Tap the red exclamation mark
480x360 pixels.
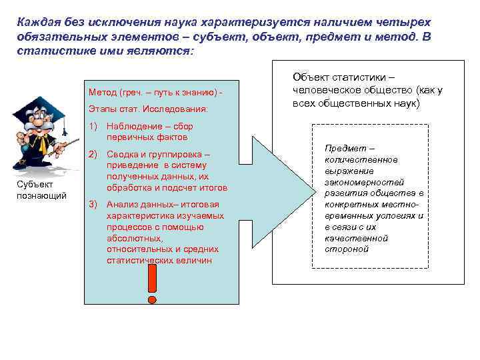coord(153,281)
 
